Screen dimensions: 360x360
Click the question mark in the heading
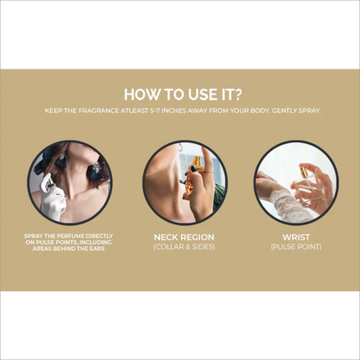tap(238, 95)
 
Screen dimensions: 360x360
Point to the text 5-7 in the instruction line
tap(155, 111)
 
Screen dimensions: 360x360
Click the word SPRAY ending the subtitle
tap(310, 111)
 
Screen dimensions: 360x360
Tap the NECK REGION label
tap(184, 238)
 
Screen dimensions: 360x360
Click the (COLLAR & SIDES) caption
tap(184, 247)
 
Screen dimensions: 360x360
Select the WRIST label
tap(296, 238)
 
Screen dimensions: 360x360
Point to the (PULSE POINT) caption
tap(296, 247)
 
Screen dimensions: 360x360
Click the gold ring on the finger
tap(208, 171)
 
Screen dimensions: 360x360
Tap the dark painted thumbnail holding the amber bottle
tap(193, 169)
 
